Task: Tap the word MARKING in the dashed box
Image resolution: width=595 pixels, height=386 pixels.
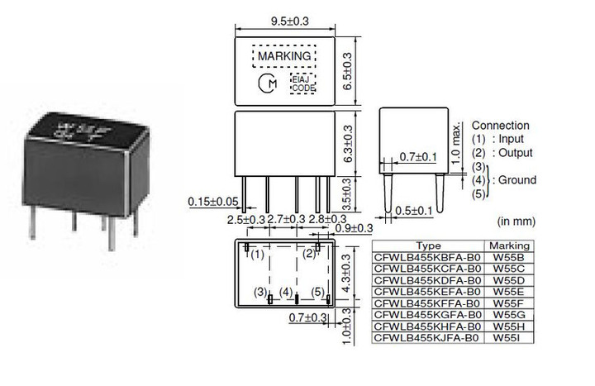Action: coord(284,56)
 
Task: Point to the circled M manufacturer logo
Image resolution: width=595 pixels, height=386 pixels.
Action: coord(269,83)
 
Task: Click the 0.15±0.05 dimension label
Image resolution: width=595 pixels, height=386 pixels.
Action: coord(214,202)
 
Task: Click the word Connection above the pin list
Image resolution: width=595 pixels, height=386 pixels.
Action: coord(500,126)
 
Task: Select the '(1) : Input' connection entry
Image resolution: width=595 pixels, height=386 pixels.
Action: coord(499,139)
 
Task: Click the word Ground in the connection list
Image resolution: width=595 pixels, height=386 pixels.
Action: coord(517,180)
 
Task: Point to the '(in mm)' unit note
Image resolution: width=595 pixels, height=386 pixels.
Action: coord(517,222)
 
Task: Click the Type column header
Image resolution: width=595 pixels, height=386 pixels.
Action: coord(429,246)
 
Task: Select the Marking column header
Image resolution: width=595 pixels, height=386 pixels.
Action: coord(509,246)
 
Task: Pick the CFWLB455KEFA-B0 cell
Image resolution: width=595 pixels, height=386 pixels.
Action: coord(429,292)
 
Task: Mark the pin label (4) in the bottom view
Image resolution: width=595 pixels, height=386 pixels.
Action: coord(285,293)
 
